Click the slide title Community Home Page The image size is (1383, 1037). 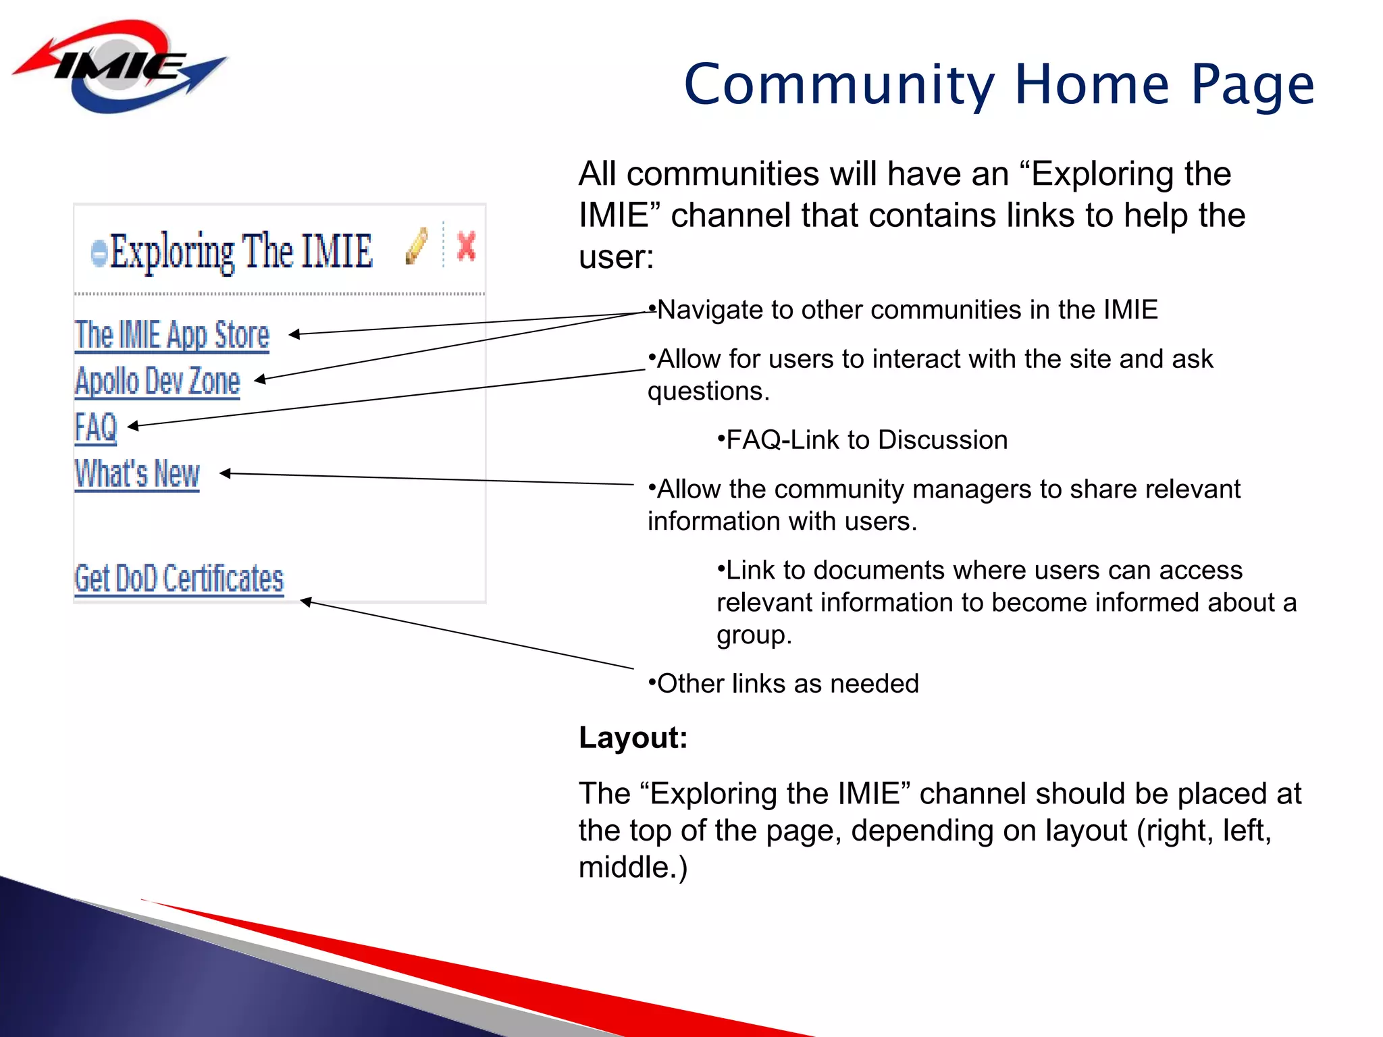pyautogui.click(x=999, y=84)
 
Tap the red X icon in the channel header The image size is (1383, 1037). pyautogui.click(x=466, y=246)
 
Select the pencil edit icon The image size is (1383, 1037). pyautogui.click(x=417, y=246)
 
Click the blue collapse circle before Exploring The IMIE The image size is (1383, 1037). pyautogui.click(x=99, y=253)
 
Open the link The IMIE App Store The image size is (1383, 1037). pyautogui.click(x=172, y=336)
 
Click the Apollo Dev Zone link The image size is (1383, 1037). pyautogui.click(x=157, y=381)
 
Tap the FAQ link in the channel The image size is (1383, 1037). pyautogui.click(x=96, y=427)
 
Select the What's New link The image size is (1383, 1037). pyautogui.click(x=137, y=473)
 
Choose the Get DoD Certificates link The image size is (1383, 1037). pyautogui.click(x=179, y=579)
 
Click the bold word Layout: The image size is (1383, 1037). pyautogui.click(x=633, y=737)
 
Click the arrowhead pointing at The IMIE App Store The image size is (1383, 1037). pyautogui.click(x=294, y=334)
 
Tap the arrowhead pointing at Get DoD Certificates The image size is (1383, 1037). pyautogui.click(x=306, y=601)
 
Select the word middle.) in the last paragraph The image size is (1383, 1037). pyautogui.click(x=633, y=868)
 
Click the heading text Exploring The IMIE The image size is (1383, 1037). pyautogui.click(x=241, y=251)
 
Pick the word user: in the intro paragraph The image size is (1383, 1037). pyautogui.click(x=616, y=257)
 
